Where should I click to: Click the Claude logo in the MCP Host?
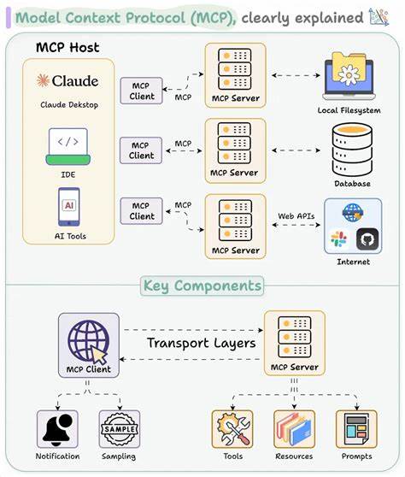point(67,80)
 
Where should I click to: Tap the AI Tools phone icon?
point(67,208)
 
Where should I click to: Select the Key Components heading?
point(202,286)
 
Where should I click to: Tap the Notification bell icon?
point(58,428)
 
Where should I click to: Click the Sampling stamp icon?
point(120,428)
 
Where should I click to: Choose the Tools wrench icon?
point(232,428)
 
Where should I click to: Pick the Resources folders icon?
point(294,428)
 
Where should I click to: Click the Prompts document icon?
point(356,428)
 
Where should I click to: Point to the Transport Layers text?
point(201,343)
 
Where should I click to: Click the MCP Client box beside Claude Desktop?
point(142,91)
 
